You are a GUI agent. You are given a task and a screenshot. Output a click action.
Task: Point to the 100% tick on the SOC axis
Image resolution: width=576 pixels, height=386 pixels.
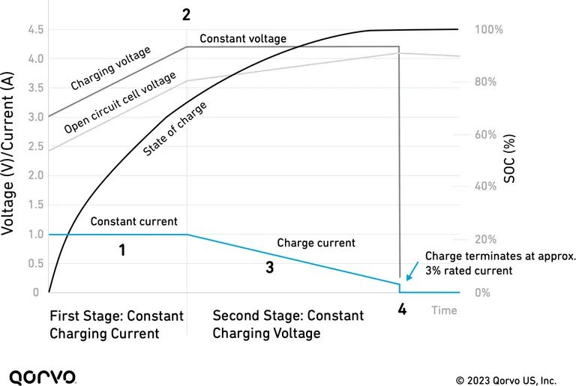point(487,30)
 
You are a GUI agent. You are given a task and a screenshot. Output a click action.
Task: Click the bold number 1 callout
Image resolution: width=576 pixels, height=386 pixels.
point(121,250)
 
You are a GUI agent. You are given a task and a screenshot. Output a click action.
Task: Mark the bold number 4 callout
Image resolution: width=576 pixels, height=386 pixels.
point(402,308)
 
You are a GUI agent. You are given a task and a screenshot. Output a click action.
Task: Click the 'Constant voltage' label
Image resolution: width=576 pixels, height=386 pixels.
point(243,38)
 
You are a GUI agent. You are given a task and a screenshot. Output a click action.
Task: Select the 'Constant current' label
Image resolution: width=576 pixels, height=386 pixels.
point(133,222)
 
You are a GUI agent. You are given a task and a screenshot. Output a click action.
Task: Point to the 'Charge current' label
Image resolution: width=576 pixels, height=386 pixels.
point(316,243)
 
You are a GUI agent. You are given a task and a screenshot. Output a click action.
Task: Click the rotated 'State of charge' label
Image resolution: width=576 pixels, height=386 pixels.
point(175,129)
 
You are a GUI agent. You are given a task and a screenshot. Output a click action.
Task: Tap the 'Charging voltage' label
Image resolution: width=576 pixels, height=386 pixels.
point(111,67)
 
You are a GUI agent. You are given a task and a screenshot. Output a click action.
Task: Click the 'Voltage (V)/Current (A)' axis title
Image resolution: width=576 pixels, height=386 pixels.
point(10,160)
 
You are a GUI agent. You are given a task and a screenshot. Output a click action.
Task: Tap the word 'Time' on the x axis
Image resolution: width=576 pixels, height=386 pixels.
point(444,310)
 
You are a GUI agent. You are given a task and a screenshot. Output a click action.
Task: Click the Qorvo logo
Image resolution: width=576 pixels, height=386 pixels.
point(41,376)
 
